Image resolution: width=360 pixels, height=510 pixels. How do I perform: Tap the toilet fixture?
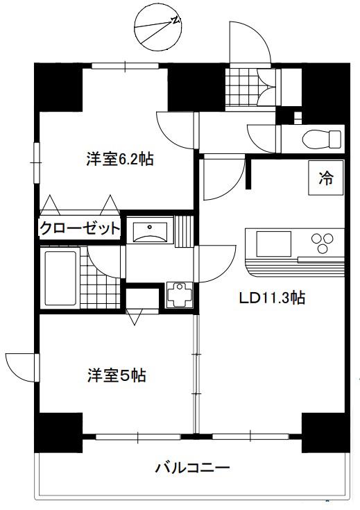coord(322,139)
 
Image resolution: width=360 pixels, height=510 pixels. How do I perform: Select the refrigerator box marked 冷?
coord(326,178)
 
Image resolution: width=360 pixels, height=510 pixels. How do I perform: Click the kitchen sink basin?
coord(273,244)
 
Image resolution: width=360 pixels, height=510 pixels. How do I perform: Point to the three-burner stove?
coord(323,243)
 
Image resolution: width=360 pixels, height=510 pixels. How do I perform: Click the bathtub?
coord(60,278)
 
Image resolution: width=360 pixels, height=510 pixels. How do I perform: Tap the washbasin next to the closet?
coord(150,232)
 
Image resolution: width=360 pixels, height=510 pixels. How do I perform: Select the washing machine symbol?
coord(179,295)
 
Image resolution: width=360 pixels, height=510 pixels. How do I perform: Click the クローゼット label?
coord(80,228)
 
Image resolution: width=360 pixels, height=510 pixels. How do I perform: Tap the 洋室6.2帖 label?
coord(120,160)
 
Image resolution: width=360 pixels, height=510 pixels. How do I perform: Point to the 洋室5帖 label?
coord(117,375)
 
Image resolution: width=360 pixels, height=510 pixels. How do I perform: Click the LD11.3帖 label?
coord(272,297)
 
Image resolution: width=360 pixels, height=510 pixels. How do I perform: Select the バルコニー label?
coord(192,468)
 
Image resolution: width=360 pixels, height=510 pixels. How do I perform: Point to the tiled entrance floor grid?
coord(241,87)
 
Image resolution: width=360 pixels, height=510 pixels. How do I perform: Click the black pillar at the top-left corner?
coord(58,87)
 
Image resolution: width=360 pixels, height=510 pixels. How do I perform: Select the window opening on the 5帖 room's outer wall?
coord(37,368)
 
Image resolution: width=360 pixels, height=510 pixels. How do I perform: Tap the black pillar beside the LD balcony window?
coord(326,432)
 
